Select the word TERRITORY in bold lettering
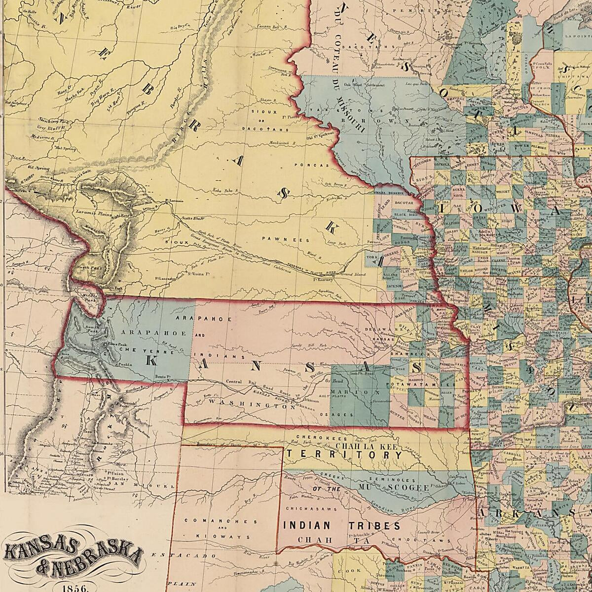pos(346,454)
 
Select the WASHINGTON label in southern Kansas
pos(247,403)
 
